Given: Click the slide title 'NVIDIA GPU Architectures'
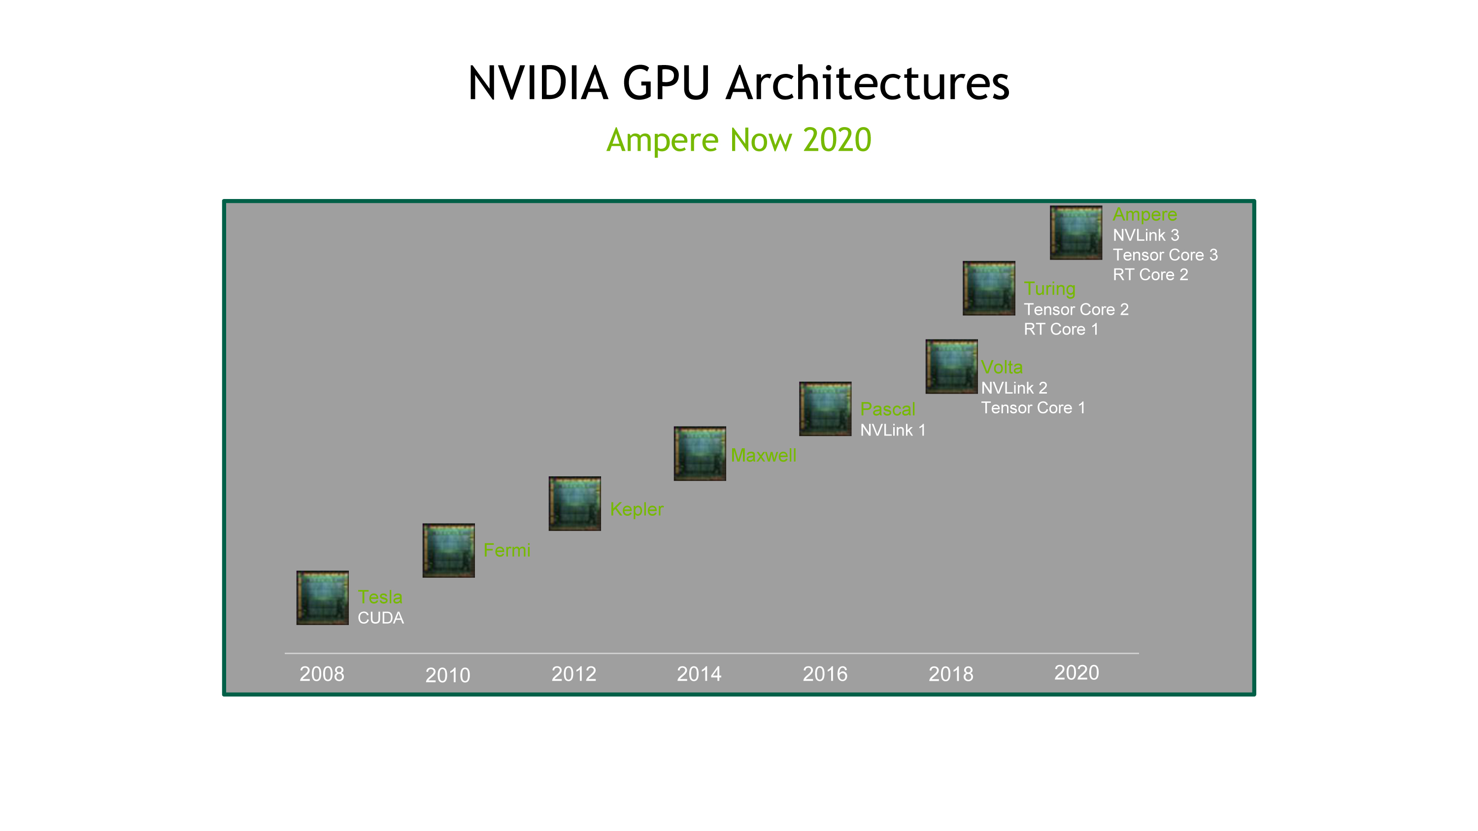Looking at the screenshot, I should [739, 83].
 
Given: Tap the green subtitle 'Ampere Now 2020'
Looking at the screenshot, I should [739, 140].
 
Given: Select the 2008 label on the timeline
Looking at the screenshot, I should [322, 674].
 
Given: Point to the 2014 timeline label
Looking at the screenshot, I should [699, 674].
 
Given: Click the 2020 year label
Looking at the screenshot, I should [1076, 673].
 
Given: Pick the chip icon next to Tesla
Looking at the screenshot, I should [323, 598].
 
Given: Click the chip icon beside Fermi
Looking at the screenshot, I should [449, 551].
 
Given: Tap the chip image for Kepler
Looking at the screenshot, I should [574, 503].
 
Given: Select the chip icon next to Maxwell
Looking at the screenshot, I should [700, 454].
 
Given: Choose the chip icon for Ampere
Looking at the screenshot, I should [1076, 233].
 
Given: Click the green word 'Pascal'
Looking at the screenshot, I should [888, 409].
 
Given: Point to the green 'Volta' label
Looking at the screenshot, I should [1002, 367].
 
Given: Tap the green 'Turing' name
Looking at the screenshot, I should [1049, 289].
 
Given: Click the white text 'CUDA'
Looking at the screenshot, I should [380, 618].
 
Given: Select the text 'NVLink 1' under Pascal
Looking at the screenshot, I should [893, 430].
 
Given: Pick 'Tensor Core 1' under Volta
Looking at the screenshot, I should [1033, 408].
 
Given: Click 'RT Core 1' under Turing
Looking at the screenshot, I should [1061, 329].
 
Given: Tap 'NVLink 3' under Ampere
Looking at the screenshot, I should [1146, 235].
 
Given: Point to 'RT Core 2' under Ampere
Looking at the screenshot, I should [1150, 275].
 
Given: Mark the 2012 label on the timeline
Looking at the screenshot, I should [574, 674].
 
